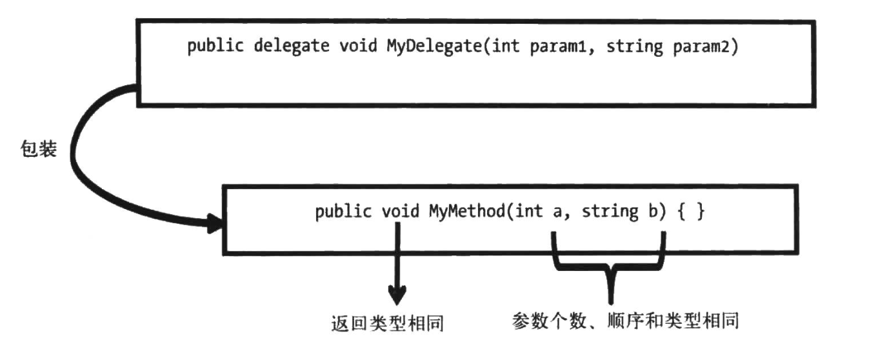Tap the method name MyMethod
click(x=465, y=212)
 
